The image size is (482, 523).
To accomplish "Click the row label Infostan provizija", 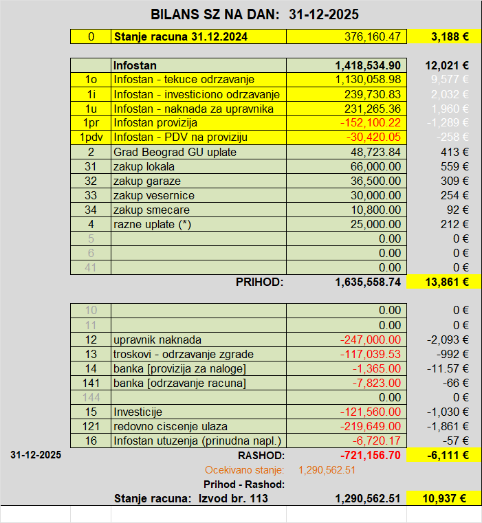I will coord(155,123).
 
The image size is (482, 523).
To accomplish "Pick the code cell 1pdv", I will coord(91,137).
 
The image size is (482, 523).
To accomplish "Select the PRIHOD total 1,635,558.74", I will coord(368,282).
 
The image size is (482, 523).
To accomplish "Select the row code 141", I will coord(91,383).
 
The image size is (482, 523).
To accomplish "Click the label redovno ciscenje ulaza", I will coord(170,426).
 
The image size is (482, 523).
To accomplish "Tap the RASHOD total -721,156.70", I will coord(369,456).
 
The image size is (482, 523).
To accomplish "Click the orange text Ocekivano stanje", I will coord(245,470).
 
